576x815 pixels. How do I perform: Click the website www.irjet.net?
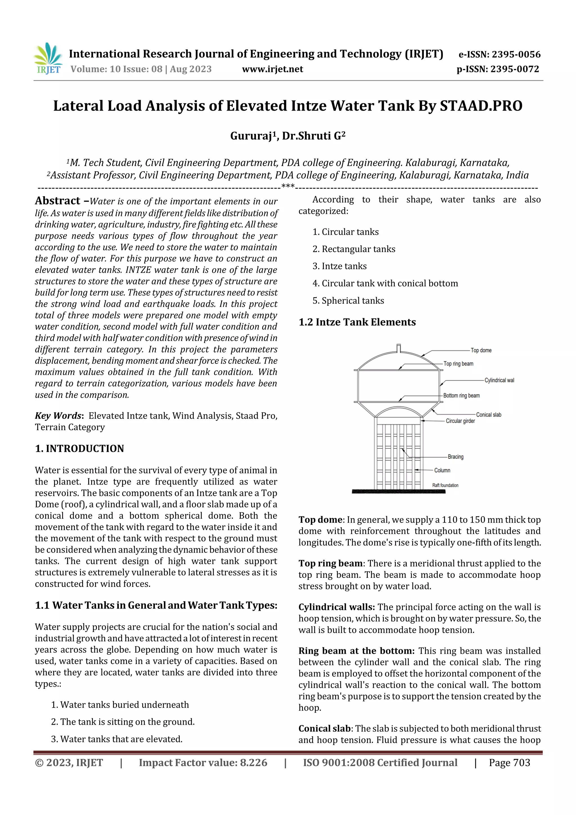click(272, 69)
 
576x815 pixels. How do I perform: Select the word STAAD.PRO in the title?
click(481, 106)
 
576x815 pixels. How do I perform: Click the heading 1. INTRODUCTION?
click(80, 449)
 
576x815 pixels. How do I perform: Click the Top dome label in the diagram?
click(481, 350)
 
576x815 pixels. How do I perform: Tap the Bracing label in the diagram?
click(455, 457)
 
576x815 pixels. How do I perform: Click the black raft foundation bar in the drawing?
click(398, 492)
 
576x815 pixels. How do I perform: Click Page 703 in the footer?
click(509, 763)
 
